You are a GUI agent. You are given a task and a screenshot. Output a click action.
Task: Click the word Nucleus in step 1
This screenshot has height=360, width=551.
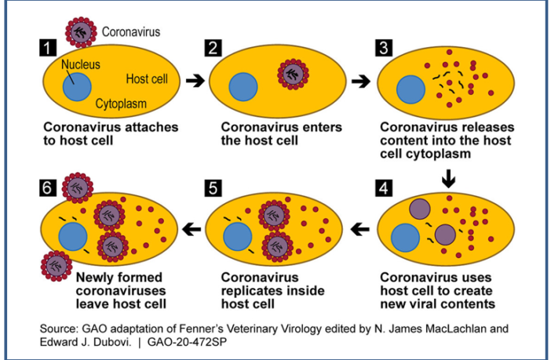(80, 64)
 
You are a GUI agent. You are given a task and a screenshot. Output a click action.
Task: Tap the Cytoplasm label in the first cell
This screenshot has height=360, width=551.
(122, 103)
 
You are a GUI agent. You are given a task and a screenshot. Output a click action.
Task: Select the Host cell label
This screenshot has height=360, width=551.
(152, 79)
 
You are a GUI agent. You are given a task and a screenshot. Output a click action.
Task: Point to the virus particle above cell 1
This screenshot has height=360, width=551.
(81, 32)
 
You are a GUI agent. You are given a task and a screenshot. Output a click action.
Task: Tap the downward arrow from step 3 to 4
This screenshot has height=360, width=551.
(448, 179)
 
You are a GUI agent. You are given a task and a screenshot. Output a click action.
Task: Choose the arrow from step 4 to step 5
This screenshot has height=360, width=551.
(360, 230)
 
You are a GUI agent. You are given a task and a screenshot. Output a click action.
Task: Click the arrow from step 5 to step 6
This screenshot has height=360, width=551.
(192, 230)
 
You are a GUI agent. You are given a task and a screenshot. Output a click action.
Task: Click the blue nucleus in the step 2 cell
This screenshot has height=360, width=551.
(244, 88)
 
